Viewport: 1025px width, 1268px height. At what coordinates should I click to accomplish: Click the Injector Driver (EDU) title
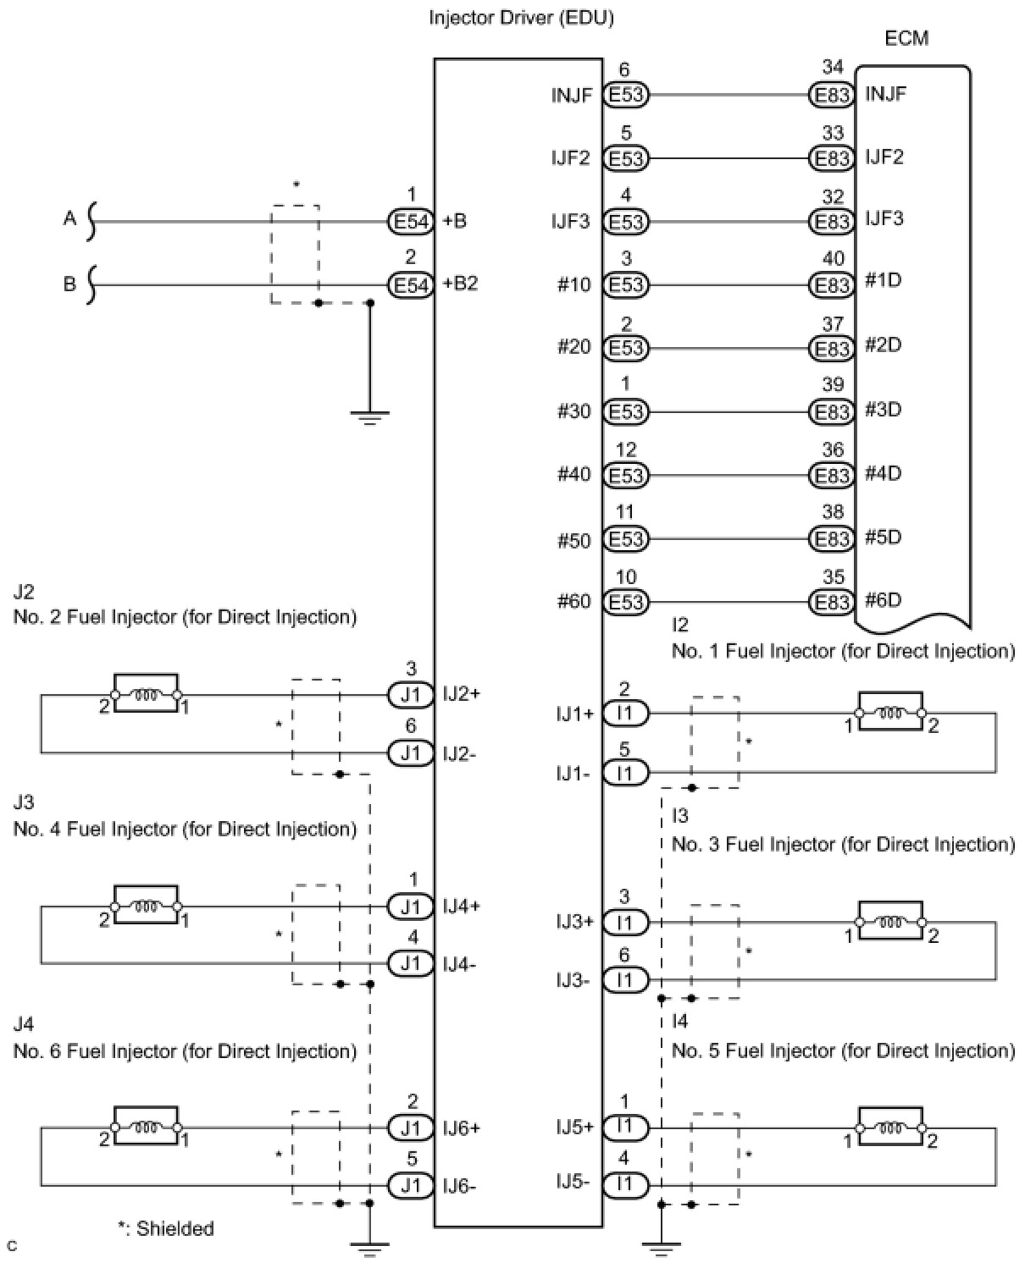point(521,18)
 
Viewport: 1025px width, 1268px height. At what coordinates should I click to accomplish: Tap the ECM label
point(906,39)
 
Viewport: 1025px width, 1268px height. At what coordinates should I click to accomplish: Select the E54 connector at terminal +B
point(411,222)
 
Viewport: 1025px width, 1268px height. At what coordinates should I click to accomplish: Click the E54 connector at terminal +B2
point(411,285)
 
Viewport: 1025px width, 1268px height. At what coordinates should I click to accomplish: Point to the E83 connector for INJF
point(831,95)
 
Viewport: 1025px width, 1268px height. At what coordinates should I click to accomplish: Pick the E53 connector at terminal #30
point(625,411)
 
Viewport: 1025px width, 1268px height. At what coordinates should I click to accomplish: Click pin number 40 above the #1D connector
point(833,258)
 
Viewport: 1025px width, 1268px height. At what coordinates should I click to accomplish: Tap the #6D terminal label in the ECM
point(883,599)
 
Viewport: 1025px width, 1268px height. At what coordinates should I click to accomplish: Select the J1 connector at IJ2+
point(411,694)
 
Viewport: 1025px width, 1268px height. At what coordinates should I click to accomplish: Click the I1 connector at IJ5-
point(625,1184)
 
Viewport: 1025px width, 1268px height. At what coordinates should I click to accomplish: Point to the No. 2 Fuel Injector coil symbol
point(146,693)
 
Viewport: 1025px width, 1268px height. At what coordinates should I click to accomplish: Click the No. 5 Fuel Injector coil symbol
point(890,1127)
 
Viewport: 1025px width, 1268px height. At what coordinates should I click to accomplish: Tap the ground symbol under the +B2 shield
point(370,417)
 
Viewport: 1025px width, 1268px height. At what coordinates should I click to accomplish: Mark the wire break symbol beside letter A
point(91,222)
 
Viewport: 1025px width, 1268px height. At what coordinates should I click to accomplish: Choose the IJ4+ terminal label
point(461,906)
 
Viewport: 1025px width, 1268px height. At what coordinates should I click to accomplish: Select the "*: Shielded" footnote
point(166,1228)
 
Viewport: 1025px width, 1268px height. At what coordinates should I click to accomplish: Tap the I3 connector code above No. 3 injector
point(679,815)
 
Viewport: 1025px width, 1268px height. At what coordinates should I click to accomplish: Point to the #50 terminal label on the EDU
point(573,541)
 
